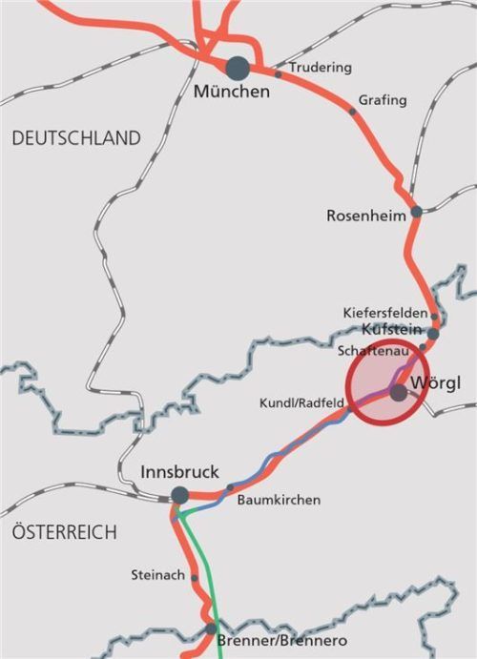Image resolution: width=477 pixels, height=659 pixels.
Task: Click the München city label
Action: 231,93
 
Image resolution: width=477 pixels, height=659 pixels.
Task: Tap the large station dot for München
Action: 238,68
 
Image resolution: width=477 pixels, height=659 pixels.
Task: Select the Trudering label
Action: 320,68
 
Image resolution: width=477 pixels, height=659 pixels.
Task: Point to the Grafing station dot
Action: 352,112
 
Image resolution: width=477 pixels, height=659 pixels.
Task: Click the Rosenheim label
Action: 366,216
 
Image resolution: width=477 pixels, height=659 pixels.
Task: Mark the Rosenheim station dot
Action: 416,212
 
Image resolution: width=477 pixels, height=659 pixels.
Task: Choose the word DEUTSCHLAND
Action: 76,138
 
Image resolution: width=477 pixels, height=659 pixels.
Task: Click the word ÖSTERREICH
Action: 65,532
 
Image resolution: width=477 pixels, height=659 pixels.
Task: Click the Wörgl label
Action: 434,384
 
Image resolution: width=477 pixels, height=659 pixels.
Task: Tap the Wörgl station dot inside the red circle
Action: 399,391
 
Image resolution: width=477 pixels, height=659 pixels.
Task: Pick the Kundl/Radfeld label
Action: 301,404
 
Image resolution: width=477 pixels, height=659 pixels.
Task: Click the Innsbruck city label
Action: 179,472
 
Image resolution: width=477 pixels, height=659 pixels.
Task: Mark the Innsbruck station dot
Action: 179,495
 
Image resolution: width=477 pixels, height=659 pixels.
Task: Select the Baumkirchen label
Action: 279,500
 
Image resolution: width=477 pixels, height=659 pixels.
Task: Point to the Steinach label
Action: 157,575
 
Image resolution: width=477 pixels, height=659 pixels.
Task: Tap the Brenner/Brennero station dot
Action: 211,628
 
